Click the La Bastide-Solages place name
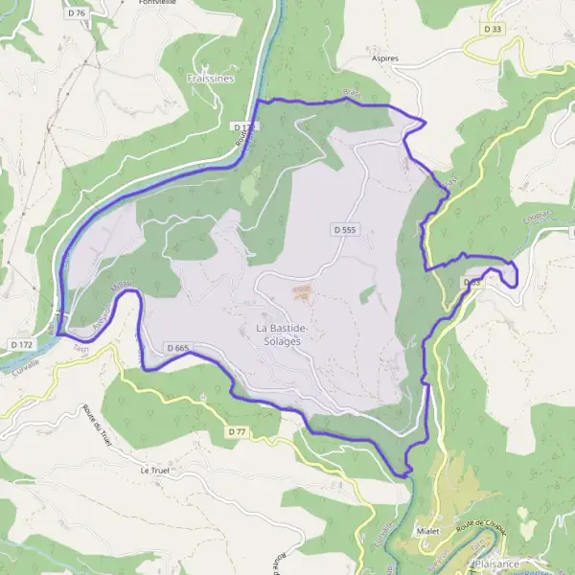(x=282, y=334)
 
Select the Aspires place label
(x=384, y=58)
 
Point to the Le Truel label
(x=155, y=471)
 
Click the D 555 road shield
(x=345, y=230)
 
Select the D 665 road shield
(x=176, y=348)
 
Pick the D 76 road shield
(x=78, y=12)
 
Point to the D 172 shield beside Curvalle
(x=21, y=343)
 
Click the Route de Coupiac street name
(x=481, y=525)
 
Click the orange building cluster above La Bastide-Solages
(x=301, y=290)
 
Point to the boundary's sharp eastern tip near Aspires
(x=425, y=122)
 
